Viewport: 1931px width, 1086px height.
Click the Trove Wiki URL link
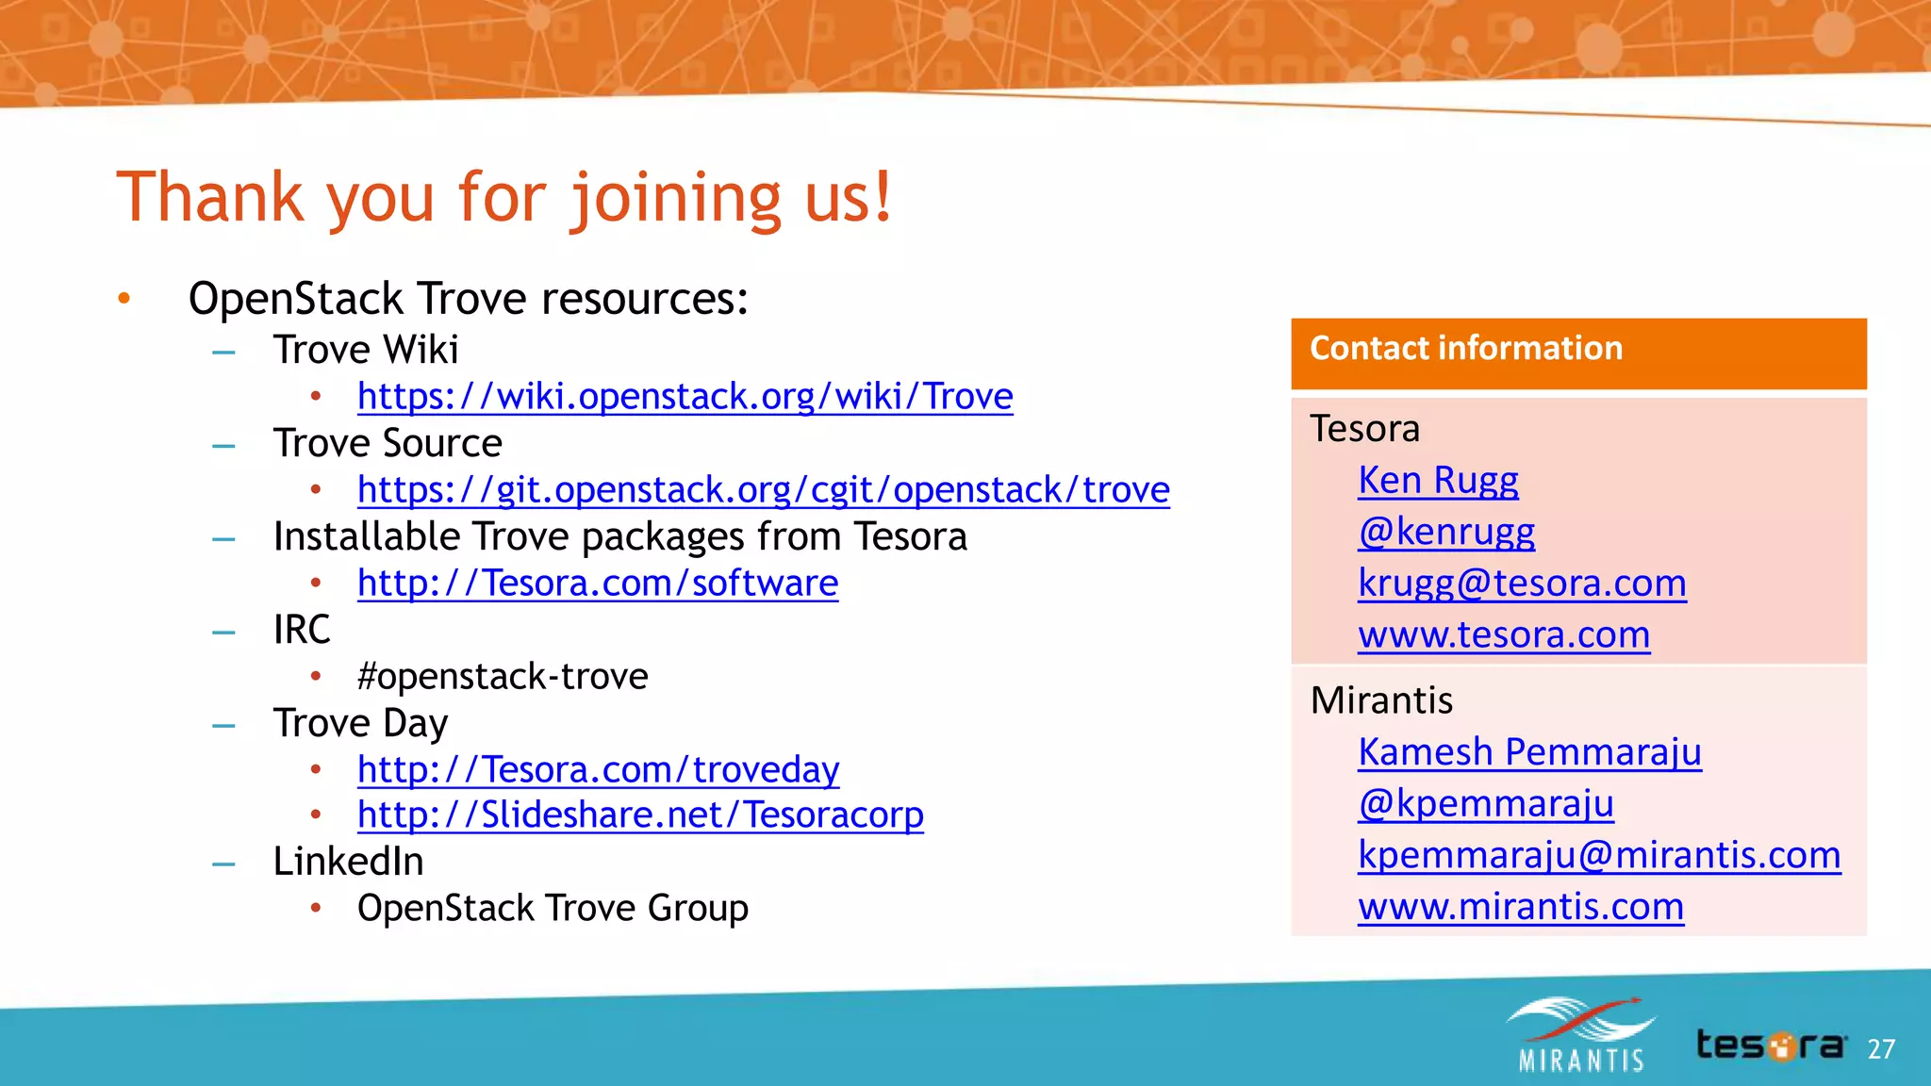685,397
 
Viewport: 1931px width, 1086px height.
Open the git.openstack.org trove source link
763,490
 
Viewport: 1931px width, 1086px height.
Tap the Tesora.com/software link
597,584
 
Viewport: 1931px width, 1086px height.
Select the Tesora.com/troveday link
598,770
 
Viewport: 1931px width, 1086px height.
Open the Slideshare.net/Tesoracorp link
640,815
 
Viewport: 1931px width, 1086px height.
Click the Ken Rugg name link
1438,481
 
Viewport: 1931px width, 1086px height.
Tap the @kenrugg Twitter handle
1446,532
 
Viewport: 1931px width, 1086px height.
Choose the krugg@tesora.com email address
1522,584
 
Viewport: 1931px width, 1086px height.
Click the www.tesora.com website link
1504,635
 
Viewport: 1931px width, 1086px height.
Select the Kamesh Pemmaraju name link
1529,752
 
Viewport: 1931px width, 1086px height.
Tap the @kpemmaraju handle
1486,803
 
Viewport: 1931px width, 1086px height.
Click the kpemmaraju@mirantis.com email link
1599,855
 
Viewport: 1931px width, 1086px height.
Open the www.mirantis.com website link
1521,907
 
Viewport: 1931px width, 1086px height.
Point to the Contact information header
1466,349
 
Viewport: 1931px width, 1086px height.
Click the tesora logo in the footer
1771,1045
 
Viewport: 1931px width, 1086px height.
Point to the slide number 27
1881,1049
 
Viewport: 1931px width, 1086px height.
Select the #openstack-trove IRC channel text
503,677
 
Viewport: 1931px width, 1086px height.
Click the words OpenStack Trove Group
553,909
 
